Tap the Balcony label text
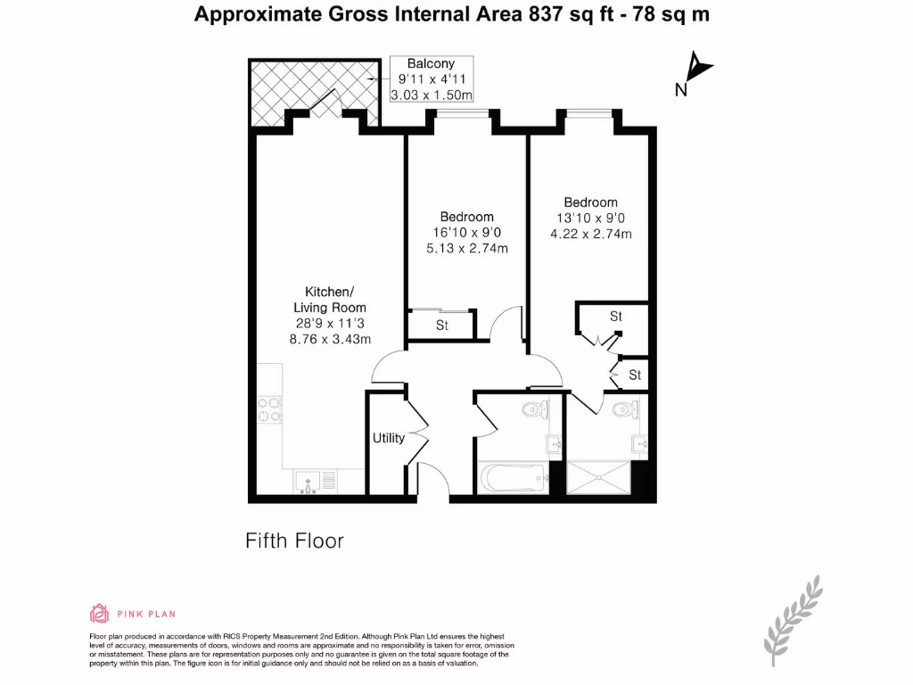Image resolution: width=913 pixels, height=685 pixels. coord(431,63)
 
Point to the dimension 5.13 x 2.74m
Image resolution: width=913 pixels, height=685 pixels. coord(466,249)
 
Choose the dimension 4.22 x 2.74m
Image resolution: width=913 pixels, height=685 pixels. coord(590,235)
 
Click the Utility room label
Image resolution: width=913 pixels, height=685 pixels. coord(388,438)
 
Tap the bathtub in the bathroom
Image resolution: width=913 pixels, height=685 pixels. coord(513,478)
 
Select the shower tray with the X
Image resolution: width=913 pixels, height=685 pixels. coord(610,477)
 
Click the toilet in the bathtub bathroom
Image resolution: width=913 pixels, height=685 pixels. coord(534,410)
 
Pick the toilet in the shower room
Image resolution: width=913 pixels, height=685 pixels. coord(632,409)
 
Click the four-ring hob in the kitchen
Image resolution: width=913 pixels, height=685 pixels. coord(267,408)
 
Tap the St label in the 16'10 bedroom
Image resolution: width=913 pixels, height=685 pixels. coord(442,326)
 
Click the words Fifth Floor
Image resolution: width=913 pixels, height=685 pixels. coord(294,541)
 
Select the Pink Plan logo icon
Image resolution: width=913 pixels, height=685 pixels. coord(99,613)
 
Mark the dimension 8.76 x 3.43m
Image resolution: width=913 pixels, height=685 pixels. coord(330,339)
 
